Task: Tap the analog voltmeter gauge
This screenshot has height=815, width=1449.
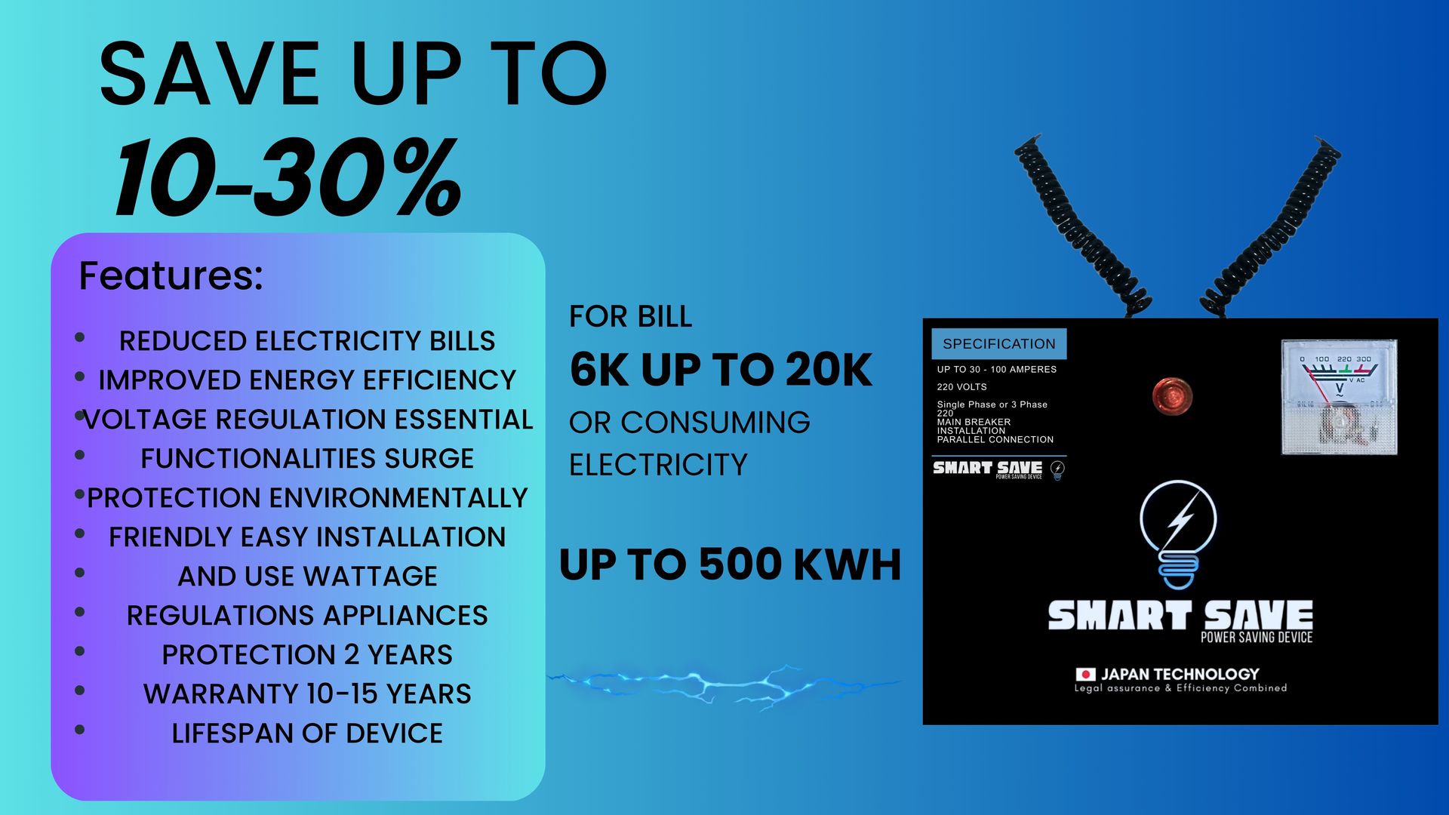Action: click(1339, 397)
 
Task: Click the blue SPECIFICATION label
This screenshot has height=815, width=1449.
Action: click(999, 343)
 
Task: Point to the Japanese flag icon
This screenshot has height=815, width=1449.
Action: click(1085, 674)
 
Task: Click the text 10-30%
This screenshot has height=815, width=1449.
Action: click(288, 178)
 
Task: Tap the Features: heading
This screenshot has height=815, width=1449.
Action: click(171, 275)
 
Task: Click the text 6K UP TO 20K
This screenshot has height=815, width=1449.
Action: click(721, 369)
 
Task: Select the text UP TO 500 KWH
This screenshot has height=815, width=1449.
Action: click(731, 564)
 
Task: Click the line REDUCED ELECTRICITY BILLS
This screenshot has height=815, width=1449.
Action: click(307, 341)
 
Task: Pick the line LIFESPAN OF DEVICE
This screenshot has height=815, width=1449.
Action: click(307, 733)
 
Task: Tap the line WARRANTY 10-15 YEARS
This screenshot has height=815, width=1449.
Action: click(307, 694)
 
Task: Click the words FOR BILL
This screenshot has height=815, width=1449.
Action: click(631, 317)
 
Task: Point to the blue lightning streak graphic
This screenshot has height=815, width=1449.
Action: click(724, 685)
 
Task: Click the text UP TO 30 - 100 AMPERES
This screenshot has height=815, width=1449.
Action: click(997, 369)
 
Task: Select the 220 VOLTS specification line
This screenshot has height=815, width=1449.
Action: click(962, 386)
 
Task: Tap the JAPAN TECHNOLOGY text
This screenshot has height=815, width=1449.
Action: click(1180, 674)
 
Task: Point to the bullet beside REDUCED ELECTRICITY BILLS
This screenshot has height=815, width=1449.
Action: click(79, 337)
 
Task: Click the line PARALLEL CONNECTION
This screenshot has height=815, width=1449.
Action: click(995, 439)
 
